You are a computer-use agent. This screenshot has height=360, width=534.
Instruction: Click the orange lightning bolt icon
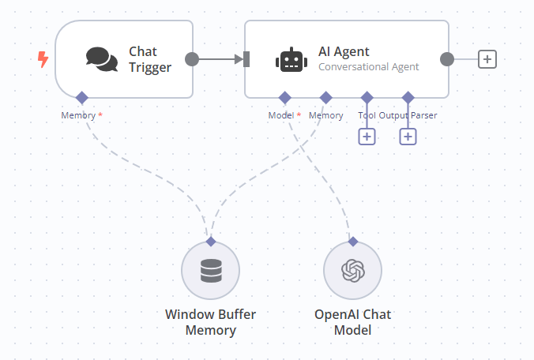point(43,59)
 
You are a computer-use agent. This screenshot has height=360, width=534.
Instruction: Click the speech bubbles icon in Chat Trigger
point(102,58)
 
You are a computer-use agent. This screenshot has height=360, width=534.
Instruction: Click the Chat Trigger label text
point(150,59)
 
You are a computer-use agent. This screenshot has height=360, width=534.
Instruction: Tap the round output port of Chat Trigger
point(192,59)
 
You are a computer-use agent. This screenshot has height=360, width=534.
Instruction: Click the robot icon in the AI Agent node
point(290,60)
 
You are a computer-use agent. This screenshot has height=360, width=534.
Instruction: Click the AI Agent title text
point(344,52)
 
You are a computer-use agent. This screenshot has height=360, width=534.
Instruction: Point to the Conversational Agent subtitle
point(368,67)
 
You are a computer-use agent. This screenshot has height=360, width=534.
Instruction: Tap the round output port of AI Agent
point(447,59)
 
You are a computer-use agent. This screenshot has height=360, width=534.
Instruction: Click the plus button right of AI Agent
point(487,59)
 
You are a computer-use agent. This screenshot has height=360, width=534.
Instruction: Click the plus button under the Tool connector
point(367,137)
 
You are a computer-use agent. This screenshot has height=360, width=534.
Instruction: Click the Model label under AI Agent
point(281,115)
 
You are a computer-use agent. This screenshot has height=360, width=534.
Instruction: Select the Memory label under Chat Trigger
point(78,115)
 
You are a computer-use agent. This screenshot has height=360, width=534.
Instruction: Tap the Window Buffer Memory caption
point(211,322)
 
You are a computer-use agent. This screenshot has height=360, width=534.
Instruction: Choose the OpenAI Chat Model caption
point(353,322)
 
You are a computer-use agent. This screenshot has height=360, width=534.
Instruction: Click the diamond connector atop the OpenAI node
point(353,242)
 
